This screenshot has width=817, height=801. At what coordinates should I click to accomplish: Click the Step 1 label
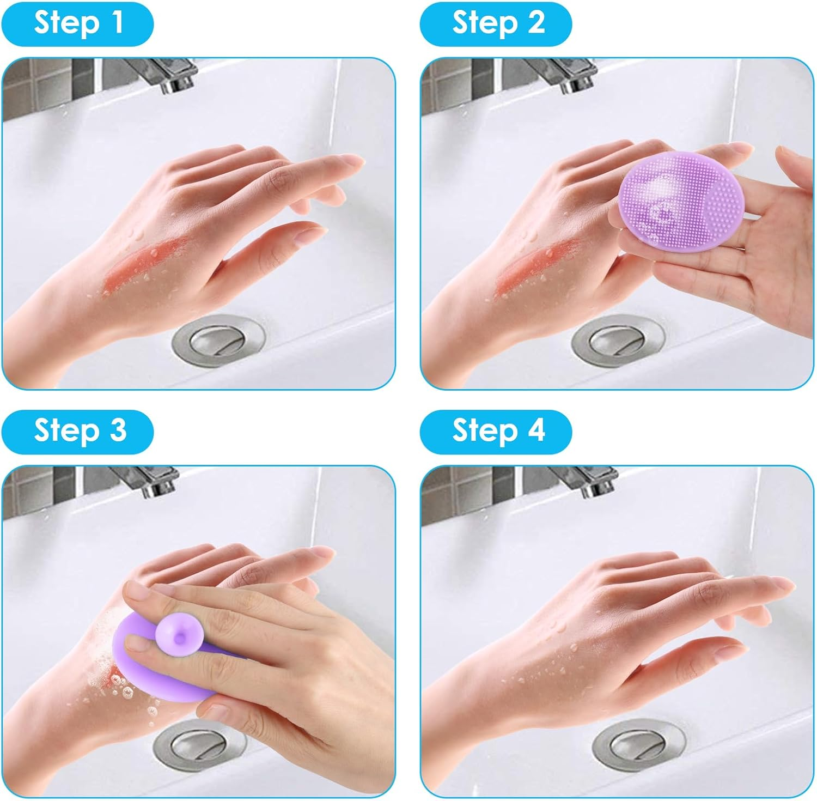[x=77, y=23]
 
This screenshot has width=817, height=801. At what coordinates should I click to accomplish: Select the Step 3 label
[x=77, y=431]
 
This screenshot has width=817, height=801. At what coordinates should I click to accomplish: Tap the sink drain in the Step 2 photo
[x=619, y=339]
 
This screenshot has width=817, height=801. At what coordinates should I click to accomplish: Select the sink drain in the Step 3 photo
[x=196, y=745]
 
